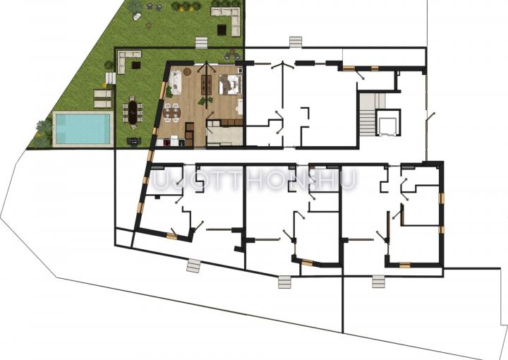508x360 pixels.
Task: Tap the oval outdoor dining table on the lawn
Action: tap(133, 112)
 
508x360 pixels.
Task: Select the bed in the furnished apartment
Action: tap(230, 85)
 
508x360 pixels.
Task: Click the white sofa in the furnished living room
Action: tap(175, 83)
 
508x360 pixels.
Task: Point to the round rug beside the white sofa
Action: tap(188, 71)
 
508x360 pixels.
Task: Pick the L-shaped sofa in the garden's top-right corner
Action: tap(231, 20)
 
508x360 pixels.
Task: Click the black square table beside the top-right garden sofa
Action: tap(222, 29)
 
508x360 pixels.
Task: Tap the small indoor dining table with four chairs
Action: tap(171, 112)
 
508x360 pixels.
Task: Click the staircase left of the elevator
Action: tap(367, 114)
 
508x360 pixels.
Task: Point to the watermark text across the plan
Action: tap(254, 179)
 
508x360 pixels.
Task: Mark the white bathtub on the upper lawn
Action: tap(137, 16)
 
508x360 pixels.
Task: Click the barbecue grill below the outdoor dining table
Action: tap(134, 141)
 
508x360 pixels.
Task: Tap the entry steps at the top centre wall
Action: tap(296, 42)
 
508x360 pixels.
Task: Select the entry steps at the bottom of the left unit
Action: tap(194, 266)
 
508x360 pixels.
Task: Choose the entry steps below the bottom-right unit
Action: tap(378, 281)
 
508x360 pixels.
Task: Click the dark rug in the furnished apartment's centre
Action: tap(206, 85)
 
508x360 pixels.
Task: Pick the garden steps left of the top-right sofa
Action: tap(201, 43)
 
